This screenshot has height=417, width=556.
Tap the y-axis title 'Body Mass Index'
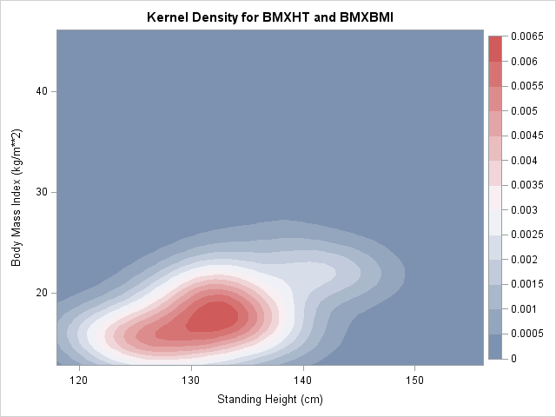(x=16, y=200)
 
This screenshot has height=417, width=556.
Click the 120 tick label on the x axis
(x=80, y=381)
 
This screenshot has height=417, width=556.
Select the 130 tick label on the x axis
(x=191, y=381)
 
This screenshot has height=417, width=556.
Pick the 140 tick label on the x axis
(x=303, y=381)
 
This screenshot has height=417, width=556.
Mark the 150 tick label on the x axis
(x=414, y=381)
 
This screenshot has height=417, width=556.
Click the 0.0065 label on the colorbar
(x=526, y=36)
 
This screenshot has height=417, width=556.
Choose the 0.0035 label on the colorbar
(x=526, y=185)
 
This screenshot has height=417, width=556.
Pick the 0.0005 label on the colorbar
(x=526, y=334)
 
